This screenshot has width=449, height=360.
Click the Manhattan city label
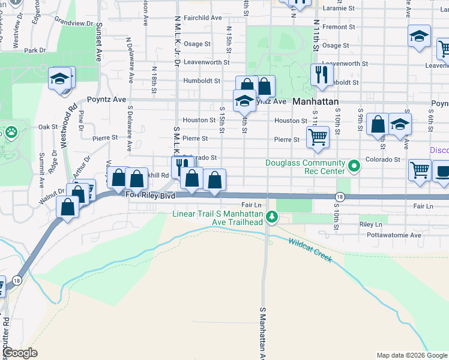click(316, 103)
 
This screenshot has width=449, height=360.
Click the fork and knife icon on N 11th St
click(322, 74)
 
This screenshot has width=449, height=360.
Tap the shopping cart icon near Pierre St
click(318, 136)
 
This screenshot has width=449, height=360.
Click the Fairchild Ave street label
click(202, 18)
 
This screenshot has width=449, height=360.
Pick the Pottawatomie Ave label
click(390, 235)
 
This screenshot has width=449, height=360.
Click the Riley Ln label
click(370, 224)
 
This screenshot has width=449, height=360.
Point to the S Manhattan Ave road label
click(262, 333)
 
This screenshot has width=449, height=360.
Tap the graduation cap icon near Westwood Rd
click(61, 79)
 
